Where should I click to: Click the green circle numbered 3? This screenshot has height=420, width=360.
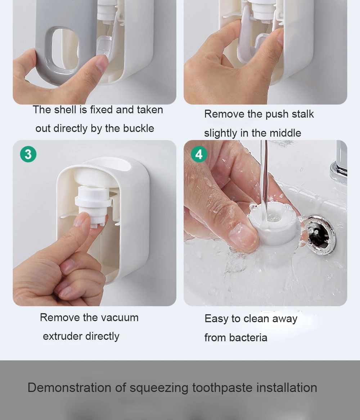coord(28,154)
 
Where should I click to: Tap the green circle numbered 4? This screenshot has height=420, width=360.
coord(199,154)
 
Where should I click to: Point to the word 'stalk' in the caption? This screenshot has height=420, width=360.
coord(303,114)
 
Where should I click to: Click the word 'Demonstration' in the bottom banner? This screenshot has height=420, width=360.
coord(69,388)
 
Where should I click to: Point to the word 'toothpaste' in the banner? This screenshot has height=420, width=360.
coord(222,388)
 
